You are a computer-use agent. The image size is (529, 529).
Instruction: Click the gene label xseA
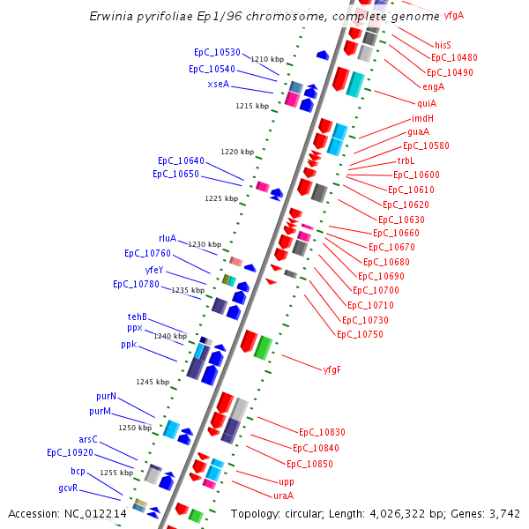(218, 85)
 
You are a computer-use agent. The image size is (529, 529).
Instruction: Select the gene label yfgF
(332, 369)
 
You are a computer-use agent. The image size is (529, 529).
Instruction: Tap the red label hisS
(443, 45)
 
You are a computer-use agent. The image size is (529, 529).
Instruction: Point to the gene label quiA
(427, 103)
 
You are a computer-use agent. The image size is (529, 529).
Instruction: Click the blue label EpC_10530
(217, 53)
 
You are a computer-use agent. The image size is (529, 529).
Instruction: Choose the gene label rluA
(168, 239)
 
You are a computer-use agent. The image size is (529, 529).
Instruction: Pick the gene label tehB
(137, 317)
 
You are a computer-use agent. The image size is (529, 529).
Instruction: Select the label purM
(100, 412)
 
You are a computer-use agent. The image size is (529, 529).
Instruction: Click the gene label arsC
(88, 439)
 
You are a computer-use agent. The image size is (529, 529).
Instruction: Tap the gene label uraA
(283, 495)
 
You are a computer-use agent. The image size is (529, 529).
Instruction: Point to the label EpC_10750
(360, 334)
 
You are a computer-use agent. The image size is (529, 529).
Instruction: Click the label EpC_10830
(322, 432)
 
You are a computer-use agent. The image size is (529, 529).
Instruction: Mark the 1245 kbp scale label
(153, 382)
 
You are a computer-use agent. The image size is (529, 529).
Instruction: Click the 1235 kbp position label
(188, 290)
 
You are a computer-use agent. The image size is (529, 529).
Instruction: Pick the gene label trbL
(406, 160)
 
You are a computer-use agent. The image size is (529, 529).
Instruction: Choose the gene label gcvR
(69, 488)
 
